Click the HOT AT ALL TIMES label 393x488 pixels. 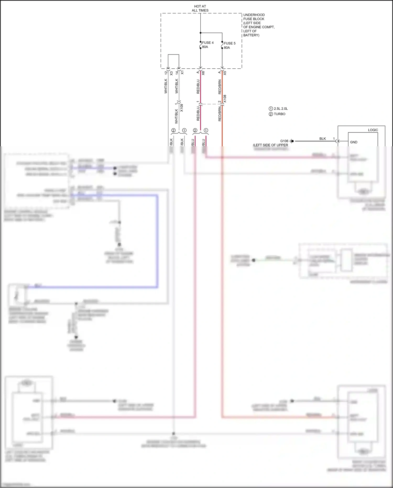point(200,8)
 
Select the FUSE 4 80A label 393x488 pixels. point(208,45)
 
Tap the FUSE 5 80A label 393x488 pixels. point(230,45)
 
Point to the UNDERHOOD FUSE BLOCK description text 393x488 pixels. point(259,25)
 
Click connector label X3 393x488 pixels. point(171,73)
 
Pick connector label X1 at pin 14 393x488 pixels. point(182,72)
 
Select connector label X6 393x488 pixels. point(203,73)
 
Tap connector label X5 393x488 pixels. point(225,73)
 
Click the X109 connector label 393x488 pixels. point(182,108)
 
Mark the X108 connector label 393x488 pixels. point(225,99)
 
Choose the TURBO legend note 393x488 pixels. point(279,114)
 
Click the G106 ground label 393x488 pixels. point(284,141)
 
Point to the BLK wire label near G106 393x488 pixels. point(323,139)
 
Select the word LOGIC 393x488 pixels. point(373,130)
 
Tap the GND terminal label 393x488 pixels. point(354,142)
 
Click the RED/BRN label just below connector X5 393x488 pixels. point(220,87)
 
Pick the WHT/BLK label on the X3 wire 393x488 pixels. point(166,86)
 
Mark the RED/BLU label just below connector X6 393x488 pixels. point(198,87)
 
